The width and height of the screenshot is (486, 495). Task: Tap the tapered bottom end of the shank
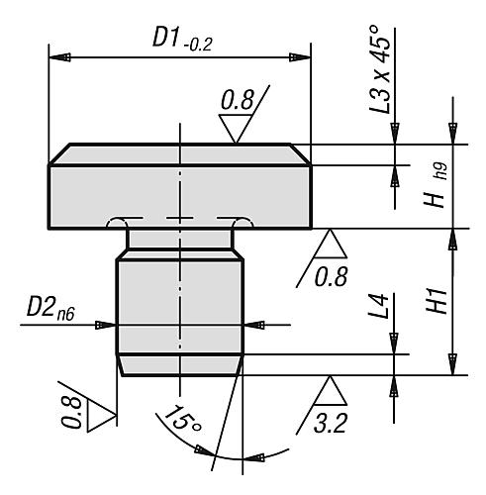click(x=179, y=365)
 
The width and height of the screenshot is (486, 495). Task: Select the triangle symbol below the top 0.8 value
click(x=237, y=129)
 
